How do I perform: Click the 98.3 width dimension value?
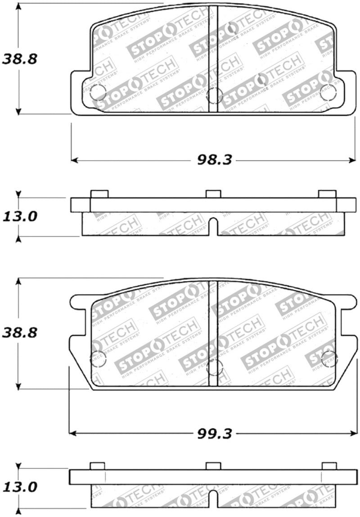[214, 160]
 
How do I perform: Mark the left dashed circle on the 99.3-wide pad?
[97, 359]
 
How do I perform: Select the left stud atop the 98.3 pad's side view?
[99, 193]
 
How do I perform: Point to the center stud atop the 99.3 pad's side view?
[213, 466]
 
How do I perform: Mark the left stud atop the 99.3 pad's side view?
[98, 466]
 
